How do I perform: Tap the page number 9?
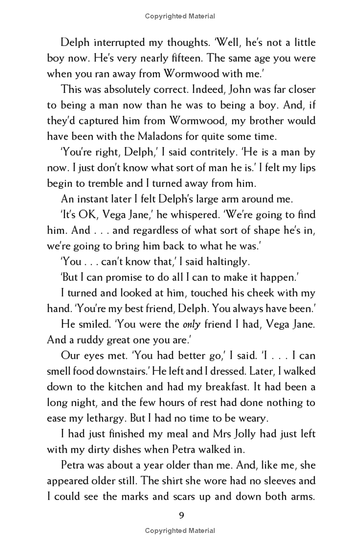(181, 516)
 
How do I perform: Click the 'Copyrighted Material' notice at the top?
(180, 16)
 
